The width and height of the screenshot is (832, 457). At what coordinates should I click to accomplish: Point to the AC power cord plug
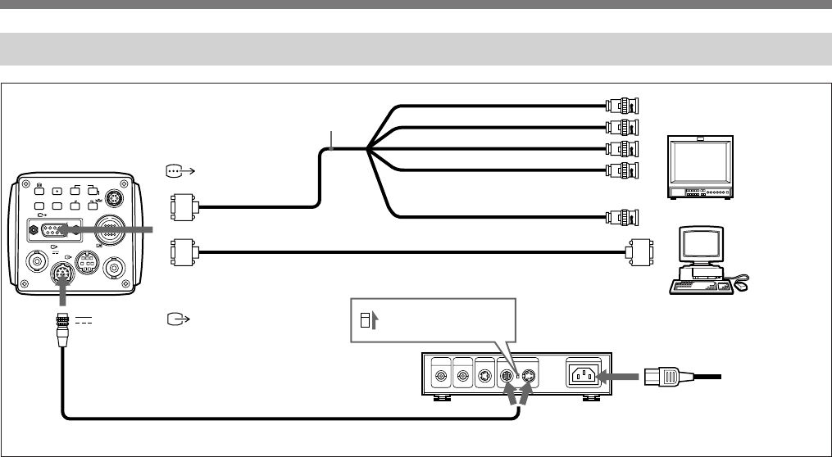click(x=663, y=376)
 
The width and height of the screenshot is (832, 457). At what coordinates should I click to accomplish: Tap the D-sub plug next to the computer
click(x=638, y=251)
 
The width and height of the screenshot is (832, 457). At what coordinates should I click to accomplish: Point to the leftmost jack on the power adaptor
click(x=443, y=376)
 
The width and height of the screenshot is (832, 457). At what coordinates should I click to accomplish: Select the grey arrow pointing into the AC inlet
click(x=617, y=376)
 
